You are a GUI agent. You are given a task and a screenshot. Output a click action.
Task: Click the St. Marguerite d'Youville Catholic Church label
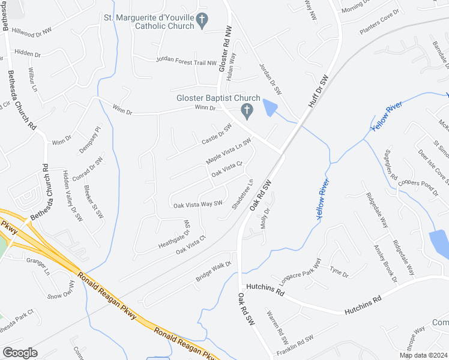tap(149, 22)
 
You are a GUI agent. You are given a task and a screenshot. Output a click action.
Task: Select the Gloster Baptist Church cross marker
tap(246, 111)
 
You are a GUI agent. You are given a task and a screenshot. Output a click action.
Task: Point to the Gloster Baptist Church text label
tap(218, 98)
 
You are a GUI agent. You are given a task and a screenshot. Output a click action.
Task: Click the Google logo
tap(20, 352)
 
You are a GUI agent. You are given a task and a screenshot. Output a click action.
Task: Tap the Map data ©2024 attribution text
tap(423, 355)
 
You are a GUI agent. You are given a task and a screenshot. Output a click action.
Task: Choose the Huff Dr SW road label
tap(318, 92)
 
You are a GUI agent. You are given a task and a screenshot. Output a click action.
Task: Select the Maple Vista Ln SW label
tap(228, 152)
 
